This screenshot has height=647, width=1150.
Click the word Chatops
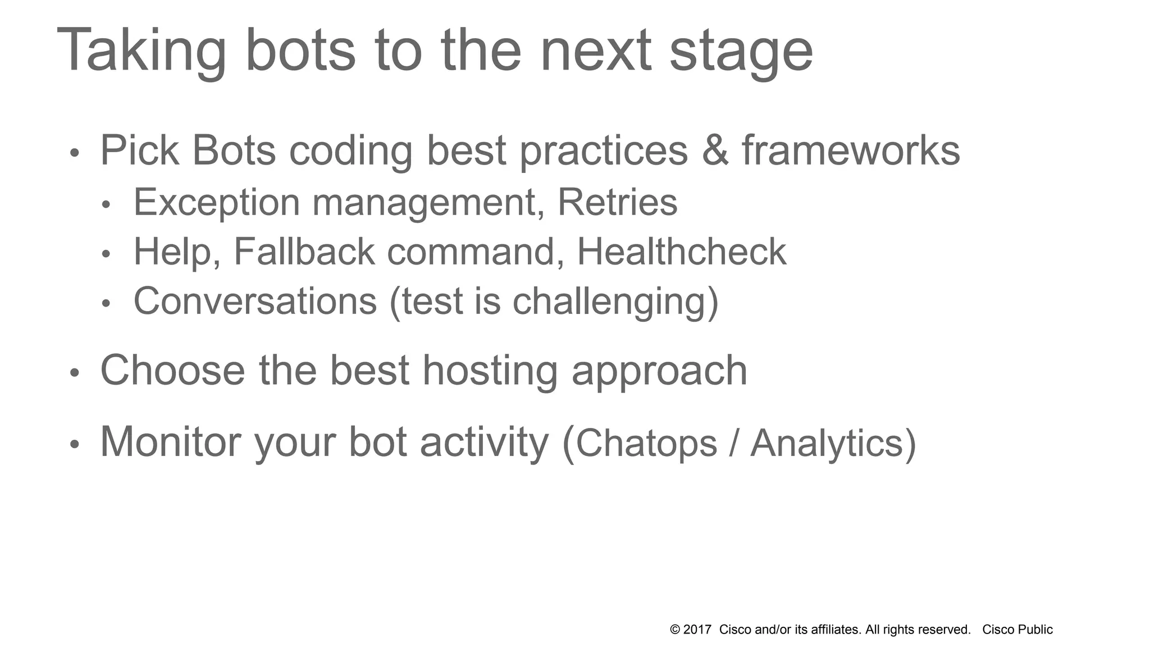(x=646, y=444)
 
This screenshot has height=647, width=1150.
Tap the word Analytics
(x=827, y=444)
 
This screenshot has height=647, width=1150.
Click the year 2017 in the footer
(x=697, y=630)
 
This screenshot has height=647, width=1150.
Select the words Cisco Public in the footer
(x=1017, y=630)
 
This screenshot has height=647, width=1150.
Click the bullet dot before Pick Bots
(x=75, y=153)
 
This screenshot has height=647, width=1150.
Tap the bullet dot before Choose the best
(x=75, y=373)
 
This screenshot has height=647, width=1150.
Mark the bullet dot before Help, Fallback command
(x=107, y=254)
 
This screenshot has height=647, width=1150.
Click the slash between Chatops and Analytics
(x=733, y=444)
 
